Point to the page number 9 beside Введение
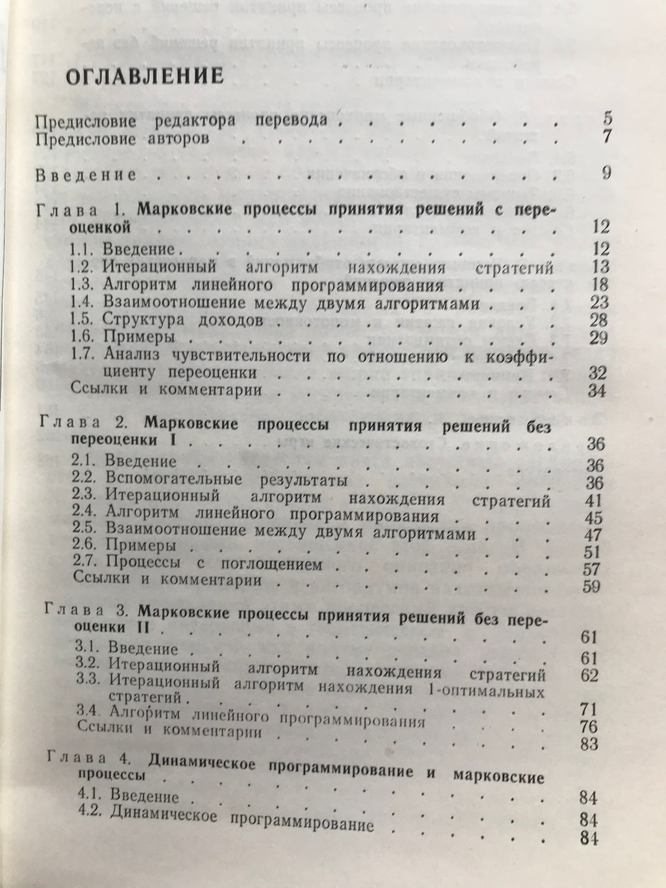[607, 172]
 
